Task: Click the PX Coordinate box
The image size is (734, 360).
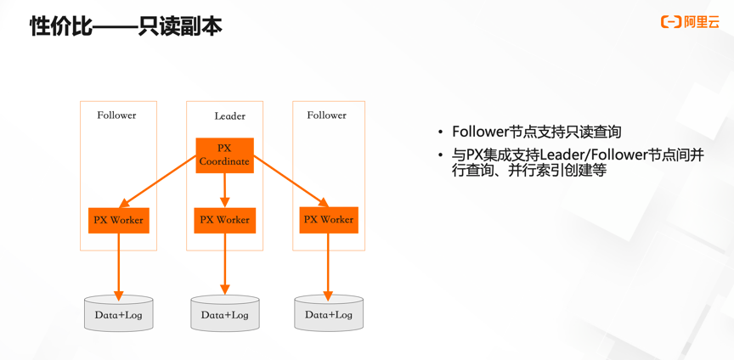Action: (224, 155)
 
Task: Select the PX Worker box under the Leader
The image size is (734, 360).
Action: (224, 220)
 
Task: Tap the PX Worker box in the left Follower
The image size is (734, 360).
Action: (118, 221)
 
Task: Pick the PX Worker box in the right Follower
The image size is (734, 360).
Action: (328, 220)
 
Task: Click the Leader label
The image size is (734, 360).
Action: (229, 116)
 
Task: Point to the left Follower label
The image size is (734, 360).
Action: (116, 115)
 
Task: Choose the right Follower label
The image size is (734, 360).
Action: (326, 115)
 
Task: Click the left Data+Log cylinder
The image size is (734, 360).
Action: (118, 315)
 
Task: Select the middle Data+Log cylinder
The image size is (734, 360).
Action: (224, 315)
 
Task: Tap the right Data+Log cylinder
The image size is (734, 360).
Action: (328, 314)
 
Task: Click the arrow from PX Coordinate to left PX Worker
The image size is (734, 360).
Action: (159, 181)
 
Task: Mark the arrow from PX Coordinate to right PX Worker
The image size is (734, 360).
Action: (291, 181)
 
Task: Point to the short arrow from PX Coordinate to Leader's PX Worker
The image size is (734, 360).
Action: (224, 190)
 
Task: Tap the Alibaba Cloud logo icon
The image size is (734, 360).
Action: (671, 22)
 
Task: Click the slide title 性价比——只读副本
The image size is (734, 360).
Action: (126, 26)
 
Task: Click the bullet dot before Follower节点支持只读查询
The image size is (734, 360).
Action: (441, 132)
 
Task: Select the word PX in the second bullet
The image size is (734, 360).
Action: (474, 155)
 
